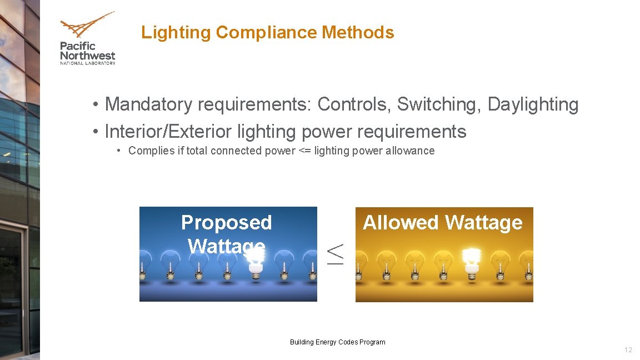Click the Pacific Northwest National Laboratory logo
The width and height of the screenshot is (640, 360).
pos(87,38)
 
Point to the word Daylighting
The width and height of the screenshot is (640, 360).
pos(533,104)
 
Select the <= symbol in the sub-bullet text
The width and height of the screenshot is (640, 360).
pos(304,151)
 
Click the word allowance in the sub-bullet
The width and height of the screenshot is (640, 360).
pos(411,151)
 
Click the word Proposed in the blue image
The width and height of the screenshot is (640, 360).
pos(226,222)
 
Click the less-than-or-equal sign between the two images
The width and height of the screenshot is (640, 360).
pos(336,253)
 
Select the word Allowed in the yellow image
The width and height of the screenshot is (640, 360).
pos(401,222)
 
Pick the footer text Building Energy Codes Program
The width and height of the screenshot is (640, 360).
pos(337,342)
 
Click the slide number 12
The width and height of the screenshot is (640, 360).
pos(628,350)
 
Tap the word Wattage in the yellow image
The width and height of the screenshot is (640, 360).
pos(483,222)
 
